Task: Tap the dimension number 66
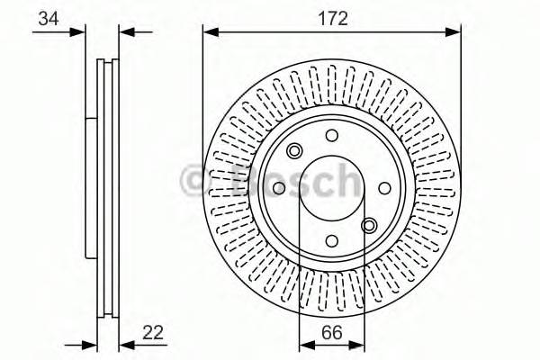coord(331,332)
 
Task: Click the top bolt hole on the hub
coord(331,136)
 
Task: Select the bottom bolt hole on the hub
coord(331,240)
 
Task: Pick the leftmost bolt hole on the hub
coord(279,188)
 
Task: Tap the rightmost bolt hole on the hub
coord(384,188)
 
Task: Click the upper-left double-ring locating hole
coord(294,151)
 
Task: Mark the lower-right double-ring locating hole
coord(369,225)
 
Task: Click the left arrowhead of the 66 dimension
coord(303,343)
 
